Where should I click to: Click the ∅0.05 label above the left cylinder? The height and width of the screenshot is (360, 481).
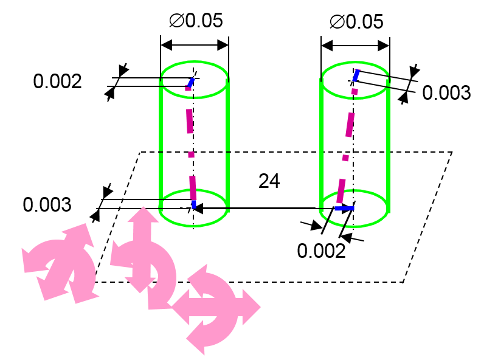[195, 21]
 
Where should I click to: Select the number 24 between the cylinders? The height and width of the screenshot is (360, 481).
[269, 181]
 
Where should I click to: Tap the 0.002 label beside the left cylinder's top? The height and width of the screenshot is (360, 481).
[57, 81]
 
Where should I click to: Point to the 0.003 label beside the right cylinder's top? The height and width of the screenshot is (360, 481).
[446, 93]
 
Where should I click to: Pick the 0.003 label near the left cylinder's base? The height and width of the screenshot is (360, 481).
[47, 205]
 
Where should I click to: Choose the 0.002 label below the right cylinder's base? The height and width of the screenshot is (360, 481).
[321, 251]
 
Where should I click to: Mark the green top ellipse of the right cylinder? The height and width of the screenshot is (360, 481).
[355, 63]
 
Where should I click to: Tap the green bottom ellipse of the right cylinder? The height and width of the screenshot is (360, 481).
[355, 220]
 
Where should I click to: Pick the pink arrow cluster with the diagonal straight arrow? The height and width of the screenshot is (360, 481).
[60, 261]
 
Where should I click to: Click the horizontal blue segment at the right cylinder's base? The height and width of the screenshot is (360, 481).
[344, 209]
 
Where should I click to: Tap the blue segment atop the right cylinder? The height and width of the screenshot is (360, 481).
[357, 75]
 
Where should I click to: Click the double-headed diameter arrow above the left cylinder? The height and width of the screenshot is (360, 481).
[195, 45]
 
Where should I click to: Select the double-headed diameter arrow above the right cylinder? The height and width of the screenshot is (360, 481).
[355, 46]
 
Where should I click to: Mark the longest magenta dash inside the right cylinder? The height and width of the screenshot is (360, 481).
[349, 124]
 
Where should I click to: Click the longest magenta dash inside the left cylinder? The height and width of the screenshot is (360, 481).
[190, 121]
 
